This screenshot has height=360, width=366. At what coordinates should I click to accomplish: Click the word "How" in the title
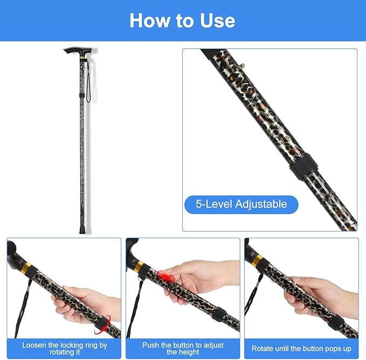click(150, 20)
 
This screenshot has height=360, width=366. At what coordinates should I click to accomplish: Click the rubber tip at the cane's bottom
click(82, 230)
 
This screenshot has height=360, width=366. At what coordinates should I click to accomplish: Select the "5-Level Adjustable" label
click(241, 204)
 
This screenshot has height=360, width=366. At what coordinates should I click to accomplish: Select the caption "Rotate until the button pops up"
click(301, 348)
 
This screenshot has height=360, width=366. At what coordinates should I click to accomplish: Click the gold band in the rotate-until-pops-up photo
click(258, 260)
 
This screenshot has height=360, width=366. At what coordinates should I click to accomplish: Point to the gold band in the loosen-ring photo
click(26, 268)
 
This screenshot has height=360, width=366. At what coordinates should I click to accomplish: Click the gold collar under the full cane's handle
click(82, 57)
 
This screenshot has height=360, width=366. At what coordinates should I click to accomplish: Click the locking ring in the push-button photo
click(219, 315)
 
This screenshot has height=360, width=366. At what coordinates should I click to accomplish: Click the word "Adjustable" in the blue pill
click(261, 204)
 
